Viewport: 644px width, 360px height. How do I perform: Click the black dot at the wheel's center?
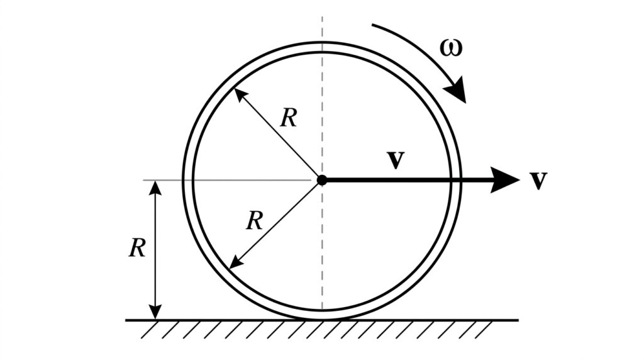coord(322,180)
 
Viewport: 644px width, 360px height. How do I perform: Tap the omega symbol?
coord(451,48)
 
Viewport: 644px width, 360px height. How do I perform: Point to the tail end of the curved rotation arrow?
coord(373,26)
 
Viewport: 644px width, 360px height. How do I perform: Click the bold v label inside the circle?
coord(395,160)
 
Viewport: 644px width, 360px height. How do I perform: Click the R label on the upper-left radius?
coord(288,118)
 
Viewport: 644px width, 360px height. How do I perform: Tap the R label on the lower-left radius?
coord(254,221)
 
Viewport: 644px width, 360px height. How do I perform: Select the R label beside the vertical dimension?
coord(137,249)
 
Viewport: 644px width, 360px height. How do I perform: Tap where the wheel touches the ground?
coord(322,319)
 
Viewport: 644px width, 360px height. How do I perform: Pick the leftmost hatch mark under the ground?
coord(148,330)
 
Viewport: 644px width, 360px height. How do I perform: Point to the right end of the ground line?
coord(518,320)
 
